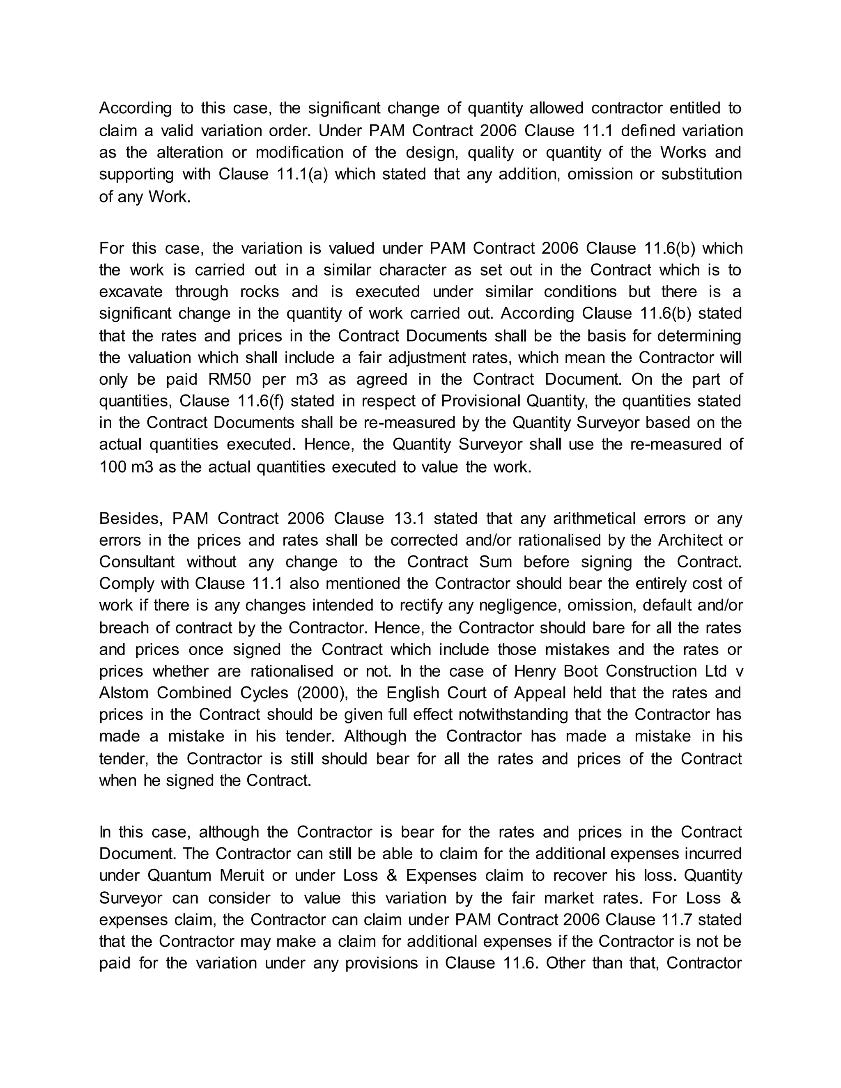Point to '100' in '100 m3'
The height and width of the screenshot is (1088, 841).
pyautogui.click(x=113, y=467)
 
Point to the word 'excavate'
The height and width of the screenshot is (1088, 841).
pyautogui.click(x=131, y=292)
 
